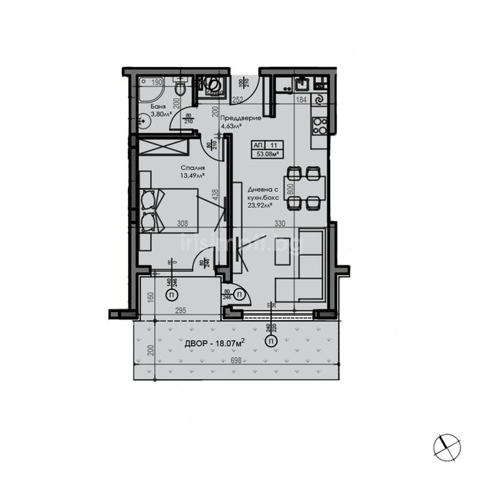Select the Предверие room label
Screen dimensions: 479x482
coord(241,118)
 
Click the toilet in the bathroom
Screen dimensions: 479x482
coord(179,88)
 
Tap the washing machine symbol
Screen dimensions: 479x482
coord(213,86)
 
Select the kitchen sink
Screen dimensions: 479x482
coord(301,85)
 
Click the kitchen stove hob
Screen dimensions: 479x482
coord(318,125)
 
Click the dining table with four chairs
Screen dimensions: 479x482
coord(305,187)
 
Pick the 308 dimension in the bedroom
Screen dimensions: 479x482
coord(183,223)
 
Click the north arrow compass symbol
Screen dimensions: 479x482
coord(446,446)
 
